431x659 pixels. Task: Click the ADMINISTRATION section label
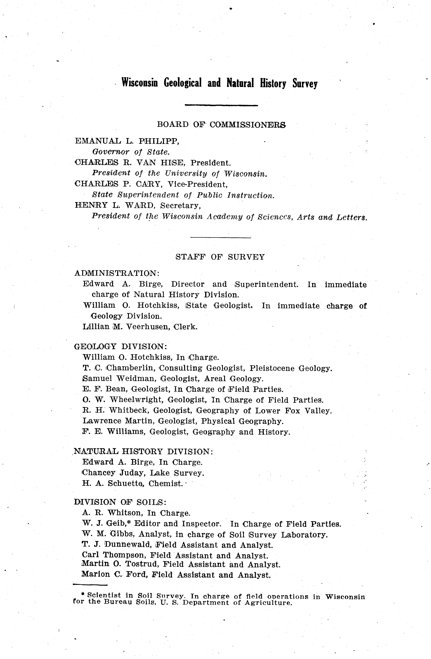coord(117,273)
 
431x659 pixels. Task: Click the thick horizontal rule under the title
coord(221,105)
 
